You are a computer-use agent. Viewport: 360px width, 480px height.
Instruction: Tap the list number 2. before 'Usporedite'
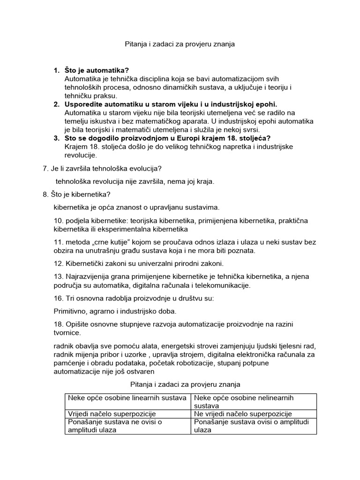click(x=56, y=104)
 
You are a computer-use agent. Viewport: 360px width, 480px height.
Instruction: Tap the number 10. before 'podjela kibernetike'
click(x=60, y=221)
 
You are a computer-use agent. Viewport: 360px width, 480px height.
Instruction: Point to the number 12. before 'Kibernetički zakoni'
click(x=60, y=263)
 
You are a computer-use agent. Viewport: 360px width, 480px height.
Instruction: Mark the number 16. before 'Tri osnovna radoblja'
click(x=60, y=298)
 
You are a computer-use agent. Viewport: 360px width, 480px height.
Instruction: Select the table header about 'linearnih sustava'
click(x=127, y=398)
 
